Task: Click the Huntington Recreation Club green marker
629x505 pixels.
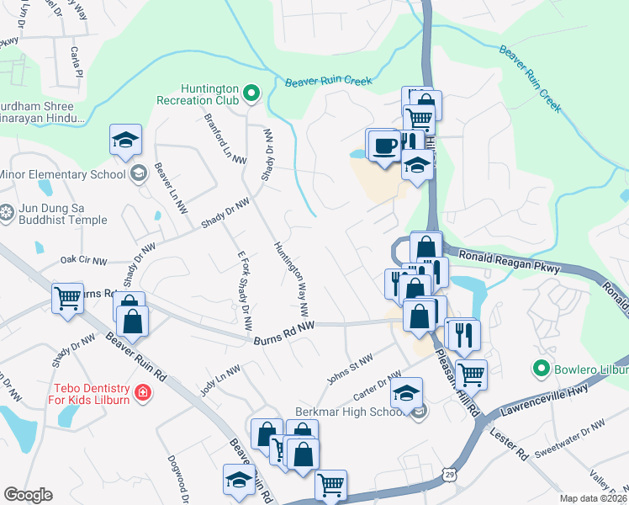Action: (251, 92)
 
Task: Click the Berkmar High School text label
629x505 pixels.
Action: (351, 412)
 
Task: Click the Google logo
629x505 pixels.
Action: (28, 495)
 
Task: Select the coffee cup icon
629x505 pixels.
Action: (385, 144)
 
